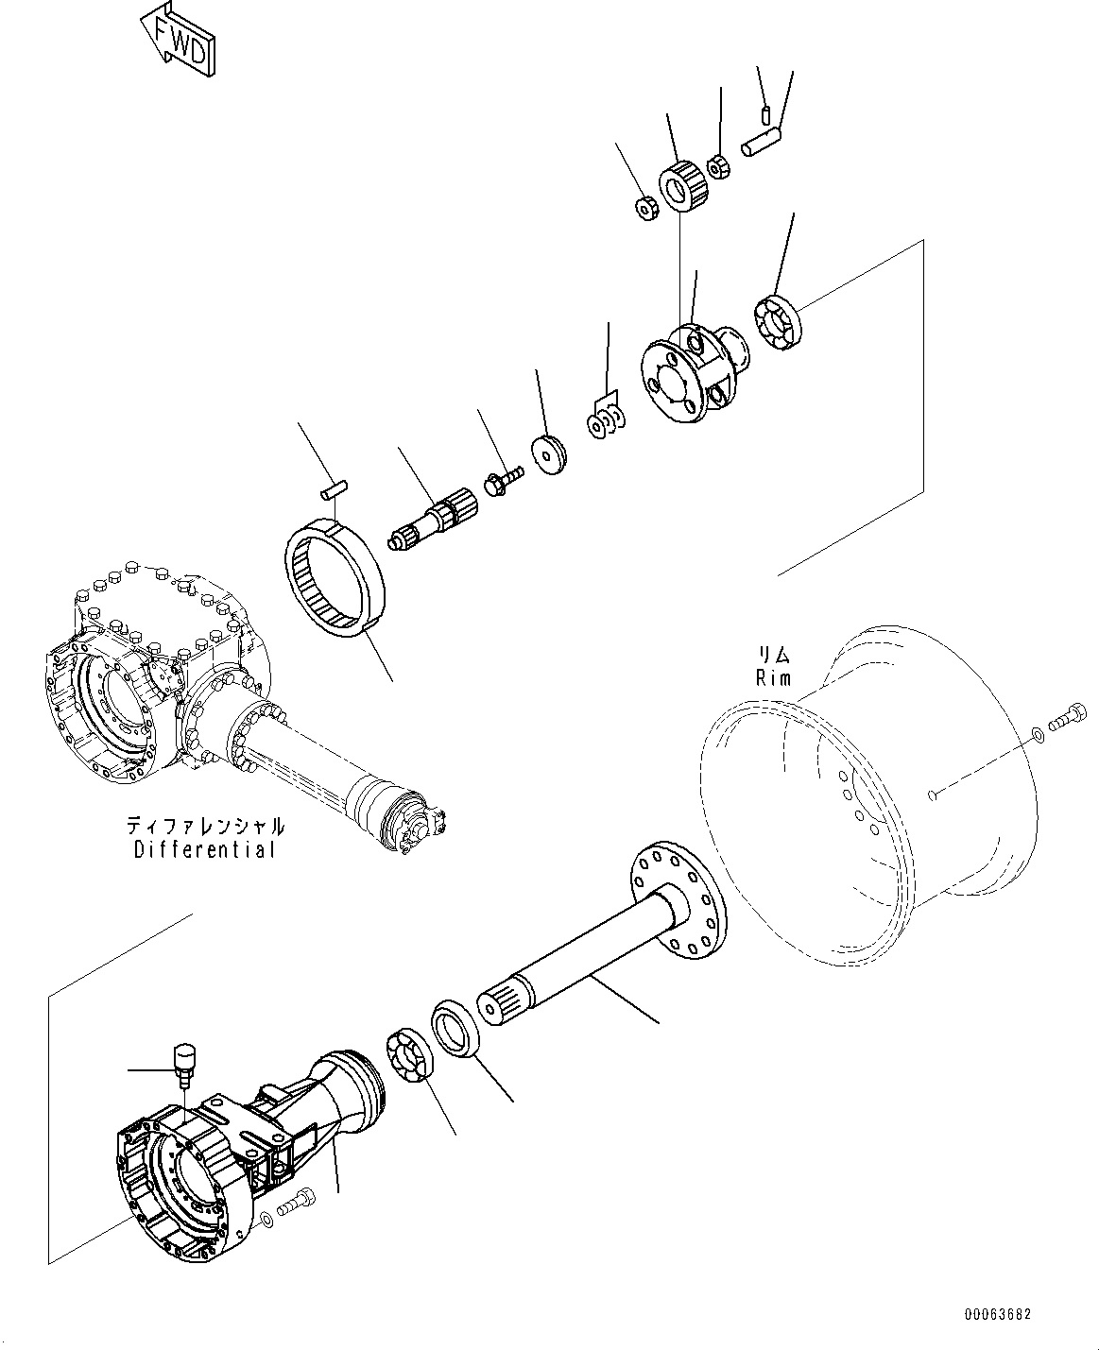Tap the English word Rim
point(772,677)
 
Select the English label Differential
point(205,849)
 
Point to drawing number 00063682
point(997,1314)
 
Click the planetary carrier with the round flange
point(693,371)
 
